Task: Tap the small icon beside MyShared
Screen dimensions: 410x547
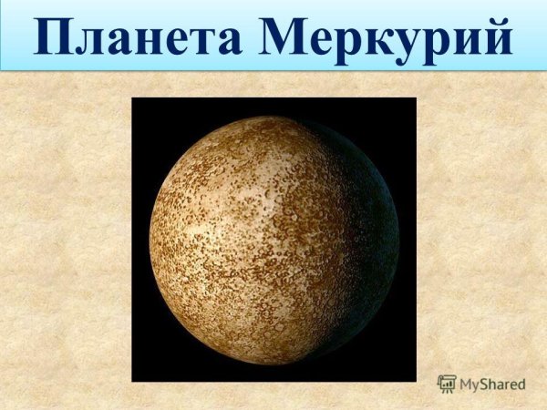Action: coord(447,384)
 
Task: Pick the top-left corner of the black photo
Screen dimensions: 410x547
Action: coord(133,98)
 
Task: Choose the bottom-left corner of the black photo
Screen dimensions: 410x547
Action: coord(133,380)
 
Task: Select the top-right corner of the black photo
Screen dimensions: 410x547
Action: coord(415,98)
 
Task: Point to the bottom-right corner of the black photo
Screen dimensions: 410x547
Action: coord(415,380)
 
